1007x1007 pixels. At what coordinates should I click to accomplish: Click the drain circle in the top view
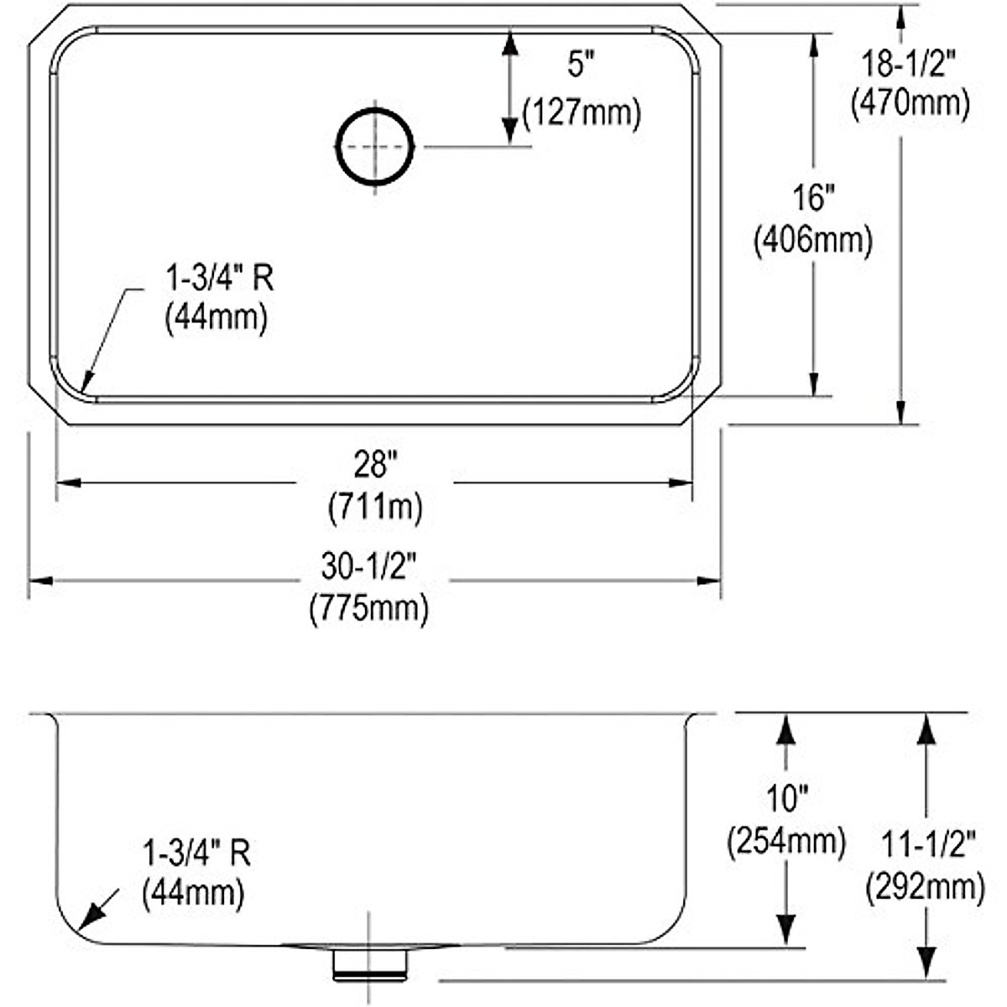(375, 146)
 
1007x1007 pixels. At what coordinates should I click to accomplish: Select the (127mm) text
(582, 112)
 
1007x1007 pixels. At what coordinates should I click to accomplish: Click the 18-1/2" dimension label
(910, 61)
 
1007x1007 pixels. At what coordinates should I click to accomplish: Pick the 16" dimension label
(813, 199)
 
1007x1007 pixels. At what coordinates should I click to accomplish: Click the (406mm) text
(813, 240)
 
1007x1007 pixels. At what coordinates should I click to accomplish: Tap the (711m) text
(374, 507)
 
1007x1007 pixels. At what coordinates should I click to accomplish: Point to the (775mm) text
(368, 608)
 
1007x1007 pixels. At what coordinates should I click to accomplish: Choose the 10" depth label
(785, 798)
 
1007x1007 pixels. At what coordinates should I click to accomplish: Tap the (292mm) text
(926, 885)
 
